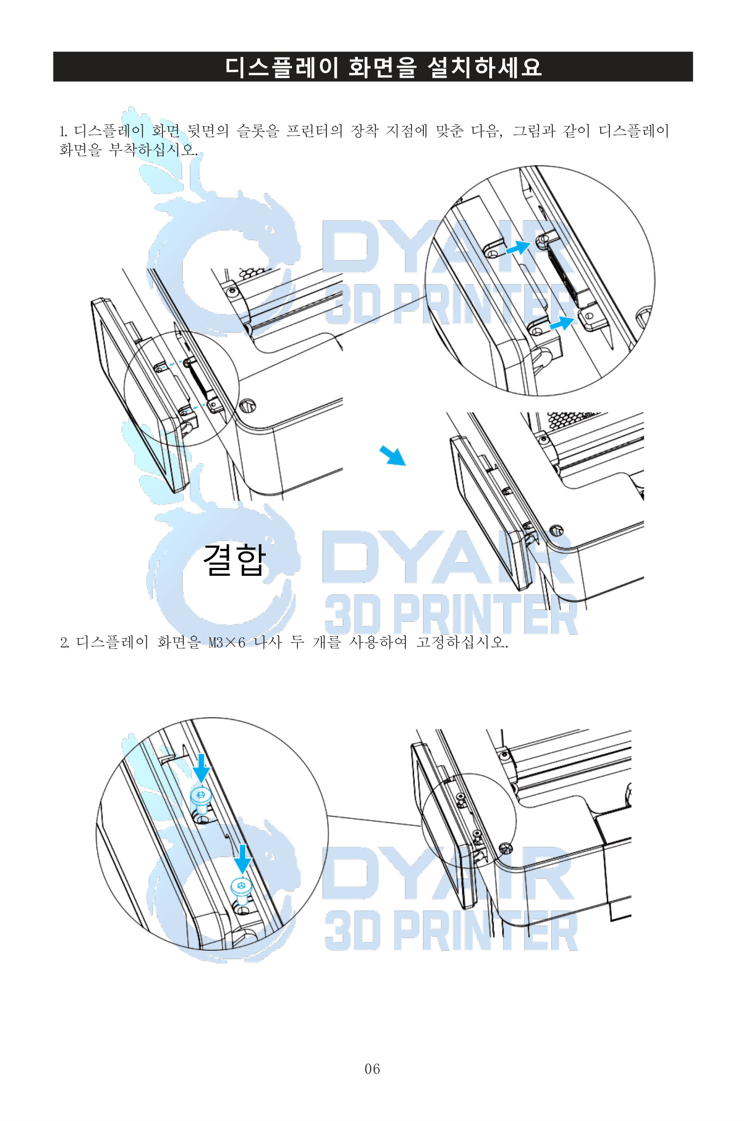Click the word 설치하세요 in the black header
click(x=484, y=67)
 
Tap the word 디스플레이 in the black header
click(x=281, y=67)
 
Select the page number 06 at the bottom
click(x=372, y=1069)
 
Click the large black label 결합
click(x=234, y=560)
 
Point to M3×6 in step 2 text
click(x=227, y=643)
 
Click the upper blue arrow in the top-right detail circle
click(x=517, y=248)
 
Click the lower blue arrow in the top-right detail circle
click(x=562, y=322)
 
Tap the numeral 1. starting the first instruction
click(x=63, y=131)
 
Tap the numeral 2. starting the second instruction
click(x=65, y=643)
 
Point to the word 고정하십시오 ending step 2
click(x=462, y=643)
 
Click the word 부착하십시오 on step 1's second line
click(x=153, y=149)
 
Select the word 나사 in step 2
click(x=268, y=643)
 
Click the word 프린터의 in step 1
click(x=314, y=131)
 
